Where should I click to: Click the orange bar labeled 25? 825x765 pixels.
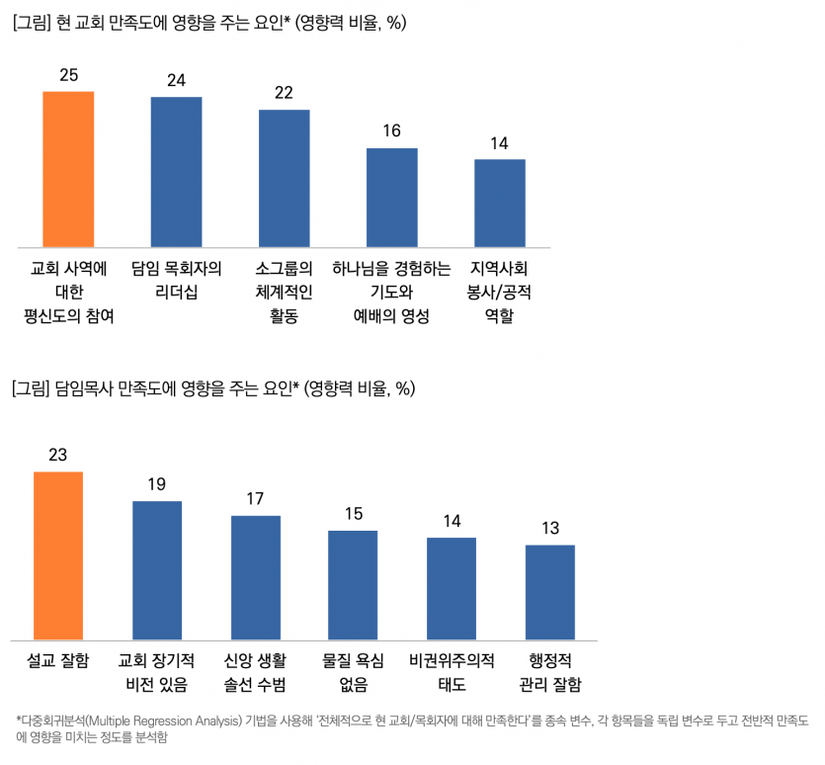coord(68,169)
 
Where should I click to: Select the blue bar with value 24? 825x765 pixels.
coord(176,172)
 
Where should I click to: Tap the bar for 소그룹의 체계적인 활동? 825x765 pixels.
coord(285,178)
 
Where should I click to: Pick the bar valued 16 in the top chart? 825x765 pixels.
coord(392,198)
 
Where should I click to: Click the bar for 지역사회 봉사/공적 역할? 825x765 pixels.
coord(500,203)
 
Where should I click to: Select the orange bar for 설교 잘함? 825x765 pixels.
coord(58,555)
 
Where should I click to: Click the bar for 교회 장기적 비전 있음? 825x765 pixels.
coord(157,570)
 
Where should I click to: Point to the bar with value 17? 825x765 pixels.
coord(256,577)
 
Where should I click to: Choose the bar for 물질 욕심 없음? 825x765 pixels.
coord(354,585)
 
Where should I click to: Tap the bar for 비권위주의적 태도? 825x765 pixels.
coord(452,588)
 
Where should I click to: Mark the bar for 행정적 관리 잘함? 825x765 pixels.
coord(550,592)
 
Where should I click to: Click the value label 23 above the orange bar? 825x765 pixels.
coord(58,455)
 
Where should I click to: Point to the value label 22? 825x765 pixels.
coord(285,93)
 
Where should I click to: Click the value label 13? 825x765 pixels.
coord(550,528)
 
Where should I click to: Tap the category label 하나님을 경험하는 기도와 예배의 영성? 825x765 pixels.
coord(392,293)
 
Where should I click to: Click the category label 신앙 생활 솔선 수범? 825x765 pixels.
coord(256,672)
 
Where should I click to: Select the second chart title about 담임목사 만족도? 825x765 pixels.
coord(213,389)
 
